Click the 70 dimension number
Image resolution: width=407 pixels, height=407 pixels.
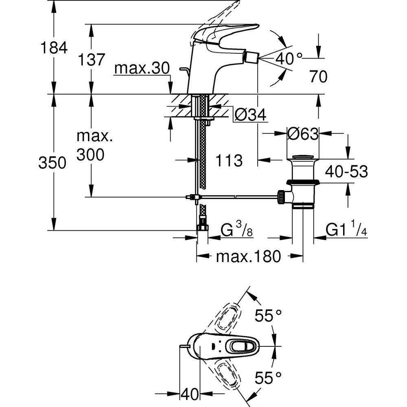click(x=318, y=77)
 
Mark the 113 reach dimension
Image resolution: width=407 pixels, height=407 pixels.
click(x=229, y=160)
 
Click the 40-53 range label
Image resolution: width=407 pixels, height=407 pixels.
click(x=346, y=172)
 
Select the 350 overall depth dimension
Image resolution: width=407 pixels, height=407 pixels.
click(x=53, y=163)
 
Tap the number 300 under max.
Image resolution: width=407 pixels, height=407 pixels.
click(x=91, y=155)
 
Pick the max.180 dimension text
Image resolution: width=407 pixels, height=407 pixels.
click(x=248, y=257)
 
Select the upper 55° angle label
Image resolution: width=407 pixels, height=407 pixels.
click(x=269, y=315)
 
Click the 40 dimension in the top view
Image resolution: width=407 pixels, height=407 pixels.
click(x=190, y=394)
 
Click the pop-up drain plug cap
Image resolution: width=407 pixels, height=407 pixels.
click(x=303, y=157)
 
